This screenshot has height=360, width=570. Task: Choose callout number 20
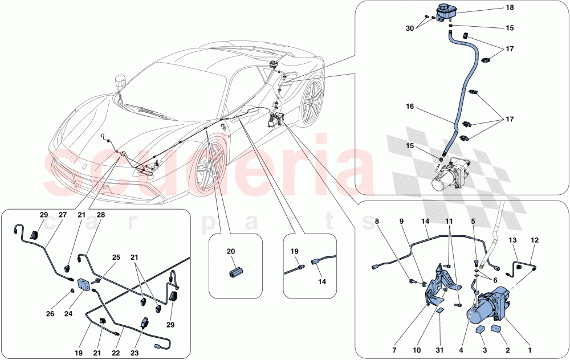click(x=231, y=251)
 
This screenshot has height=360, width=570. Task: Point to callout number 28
click(x=101, y=215)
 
